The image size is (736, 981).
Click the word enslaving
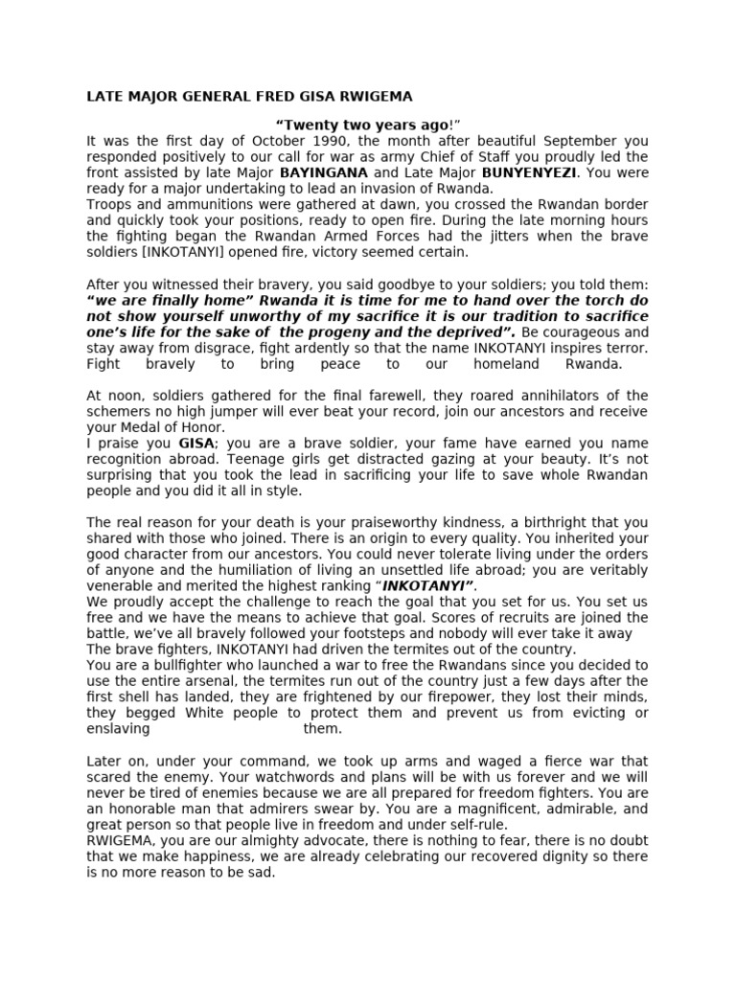[118, 728]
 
